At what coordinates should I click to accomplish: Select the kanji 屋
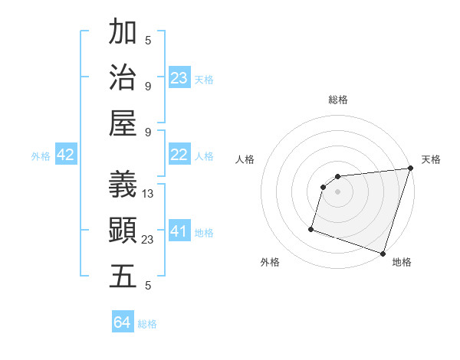pyautogui.click(x=123, y=122)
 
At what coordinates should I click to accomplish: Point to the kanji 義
pyautogui.click(x=123, y=183)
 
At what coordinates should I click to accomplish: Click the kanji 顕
pyautogui.click(x=123, y=229)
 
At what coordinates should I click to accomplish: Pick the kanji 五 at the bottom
pyautogui.click(x=123, y=276)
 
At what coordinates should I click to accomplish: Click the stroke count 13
pyautogui.click(x=148, y=194)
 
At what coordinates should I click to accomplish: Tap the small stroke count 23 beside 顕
pyautogui.click(x=148, y=240)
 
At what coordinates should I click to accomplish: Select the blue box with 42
pyautogui.click(x=66, y=155)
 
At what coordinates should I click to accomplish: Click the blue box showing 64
pyautogui.click(x=123, y=323)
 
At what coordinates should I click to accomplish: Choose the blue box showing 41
pyautogui.click(x=179, y=231)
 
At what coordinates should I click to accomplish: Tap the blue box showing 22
pyautogui.click(x=179, y=155)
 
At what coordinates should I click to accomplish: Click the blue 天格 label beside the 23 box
pyautogui.click(x=204, y=80)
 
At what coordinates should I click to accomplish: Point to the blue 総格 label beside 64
pyautogui.click(x=147, y=324)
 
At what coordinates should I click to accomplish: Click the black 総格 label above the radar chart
pyautogui.click(x=338, y=100)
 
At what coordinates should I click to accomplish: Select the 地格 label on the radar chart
pyautogui.click(x=402, y=262)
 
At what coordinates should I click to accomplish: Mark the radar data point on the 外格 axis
pyautogui.click(x=311, y=228)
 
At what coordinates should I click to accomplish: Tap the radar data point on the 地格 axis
pyautogui.click(x=383, y=253)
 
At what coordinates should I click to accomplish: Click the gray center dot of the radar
pyautogui.click(x=337, y=192)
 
